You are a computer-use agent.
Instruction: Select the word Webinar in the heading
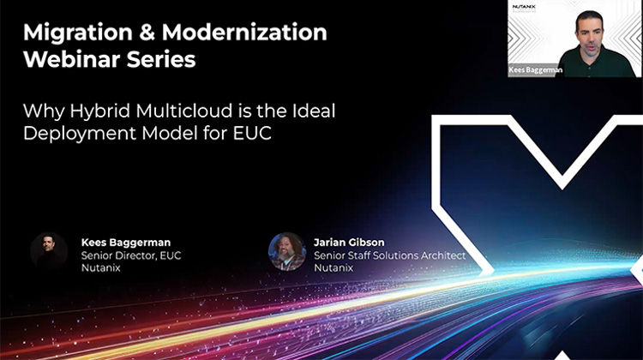click(70, 61)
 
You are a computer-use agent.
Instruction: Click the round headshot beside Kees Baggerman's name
click(49, 251)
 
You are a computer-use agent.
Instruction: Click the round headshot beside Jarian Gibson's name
click(287, 251)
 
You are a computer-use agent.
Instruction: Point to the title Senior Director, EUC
click(131, 255)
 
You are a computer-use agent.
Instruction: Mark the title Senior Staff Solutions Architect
click(389, 255)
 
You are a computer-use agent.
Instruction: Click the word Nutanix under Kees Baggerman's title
click(102, 268)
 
